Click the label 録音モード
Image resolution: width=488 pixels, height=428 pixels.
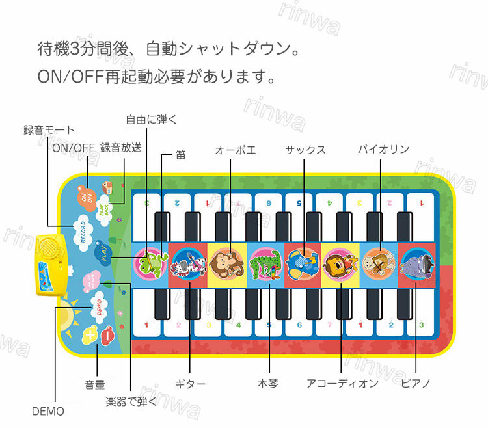click(x=49, y=130)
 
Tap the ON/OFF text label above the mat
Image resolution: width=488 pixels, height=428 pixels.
click(x=74, y=148)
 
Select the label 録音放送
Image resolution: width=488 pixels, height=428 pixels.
click(x=121, y=148)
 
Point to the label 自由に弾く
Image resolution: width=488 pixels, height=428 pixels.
click(x=152, y=119)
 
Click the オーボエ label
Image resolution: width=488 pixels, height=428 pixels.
click(x=236, y=150)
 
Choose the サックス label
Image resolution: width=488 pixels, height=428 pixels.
click(x=305, y=150)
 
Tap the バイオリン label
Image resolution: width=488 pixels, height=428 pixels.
click(x=384, y=150)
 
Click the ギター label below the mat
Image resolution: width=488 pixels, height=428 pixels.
click(x=191, y=384)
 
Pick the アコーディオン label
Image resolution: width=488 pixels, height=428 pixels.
click(x=342, y=384)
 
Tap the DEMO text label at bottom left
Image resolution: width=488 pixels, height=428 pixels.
click(x=48, y=411)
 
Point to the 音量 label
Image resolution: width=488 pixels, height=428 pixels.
click(x=95, y=385)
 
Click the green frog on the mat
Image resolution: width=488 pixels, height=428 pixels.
click(x=151, y=262)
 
